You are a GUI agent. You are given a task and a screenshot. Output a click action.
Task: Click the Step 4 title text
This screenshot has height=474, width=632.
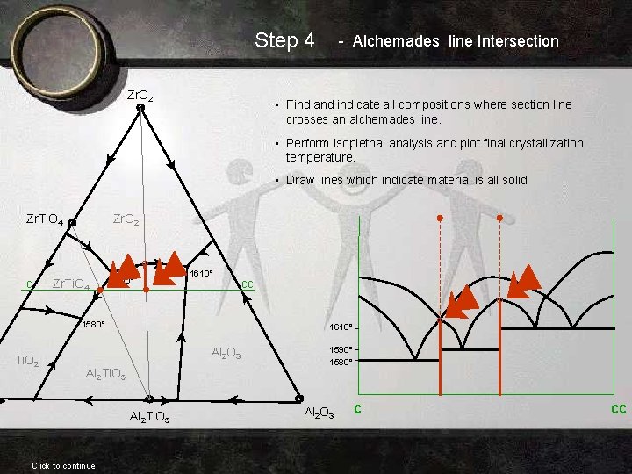(x=284, y=40)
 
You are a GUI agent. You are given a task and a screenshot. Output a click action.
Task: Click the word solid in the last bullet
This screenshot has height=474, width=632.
(x=510, y=180)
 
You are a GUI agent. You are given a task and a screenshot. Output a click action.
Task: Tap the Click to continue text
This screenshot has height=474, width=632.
(x=63, y=465)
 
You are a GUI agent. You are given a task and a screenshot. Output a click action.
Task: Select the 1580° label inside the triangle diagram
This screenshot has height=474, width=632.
(x=93, y=324)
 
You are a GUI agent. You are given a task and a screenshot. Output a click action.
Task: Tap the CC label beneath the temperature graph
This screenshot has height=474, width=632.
(x=618, y=408)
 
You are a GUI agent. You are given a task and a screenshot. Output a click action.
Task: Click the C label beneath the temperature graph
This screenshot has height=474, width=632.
(x=357, y=407)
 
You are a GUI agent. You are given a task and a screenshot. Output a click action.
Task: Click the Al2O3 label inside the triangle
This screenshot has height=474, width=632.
(x=227, y=353)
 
